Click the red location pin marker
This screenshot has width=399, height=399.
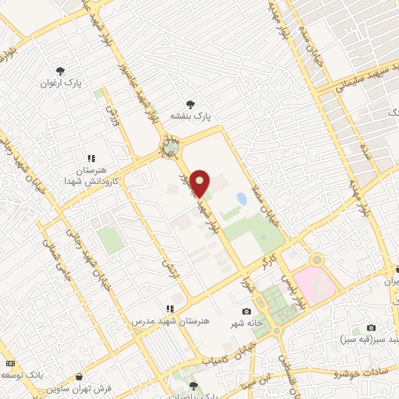200,182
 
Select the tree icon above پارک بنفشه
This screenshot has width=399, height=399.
190,104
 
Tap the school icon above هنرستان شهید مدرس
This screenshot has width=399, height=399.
168,309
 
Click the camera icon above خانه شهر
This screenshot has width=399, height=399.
247,312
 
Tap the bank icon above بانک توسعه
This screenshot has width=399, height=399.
9,363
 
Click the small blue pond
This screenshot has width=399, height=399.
242,199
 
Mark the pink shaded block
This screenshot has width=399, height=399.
316,284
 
